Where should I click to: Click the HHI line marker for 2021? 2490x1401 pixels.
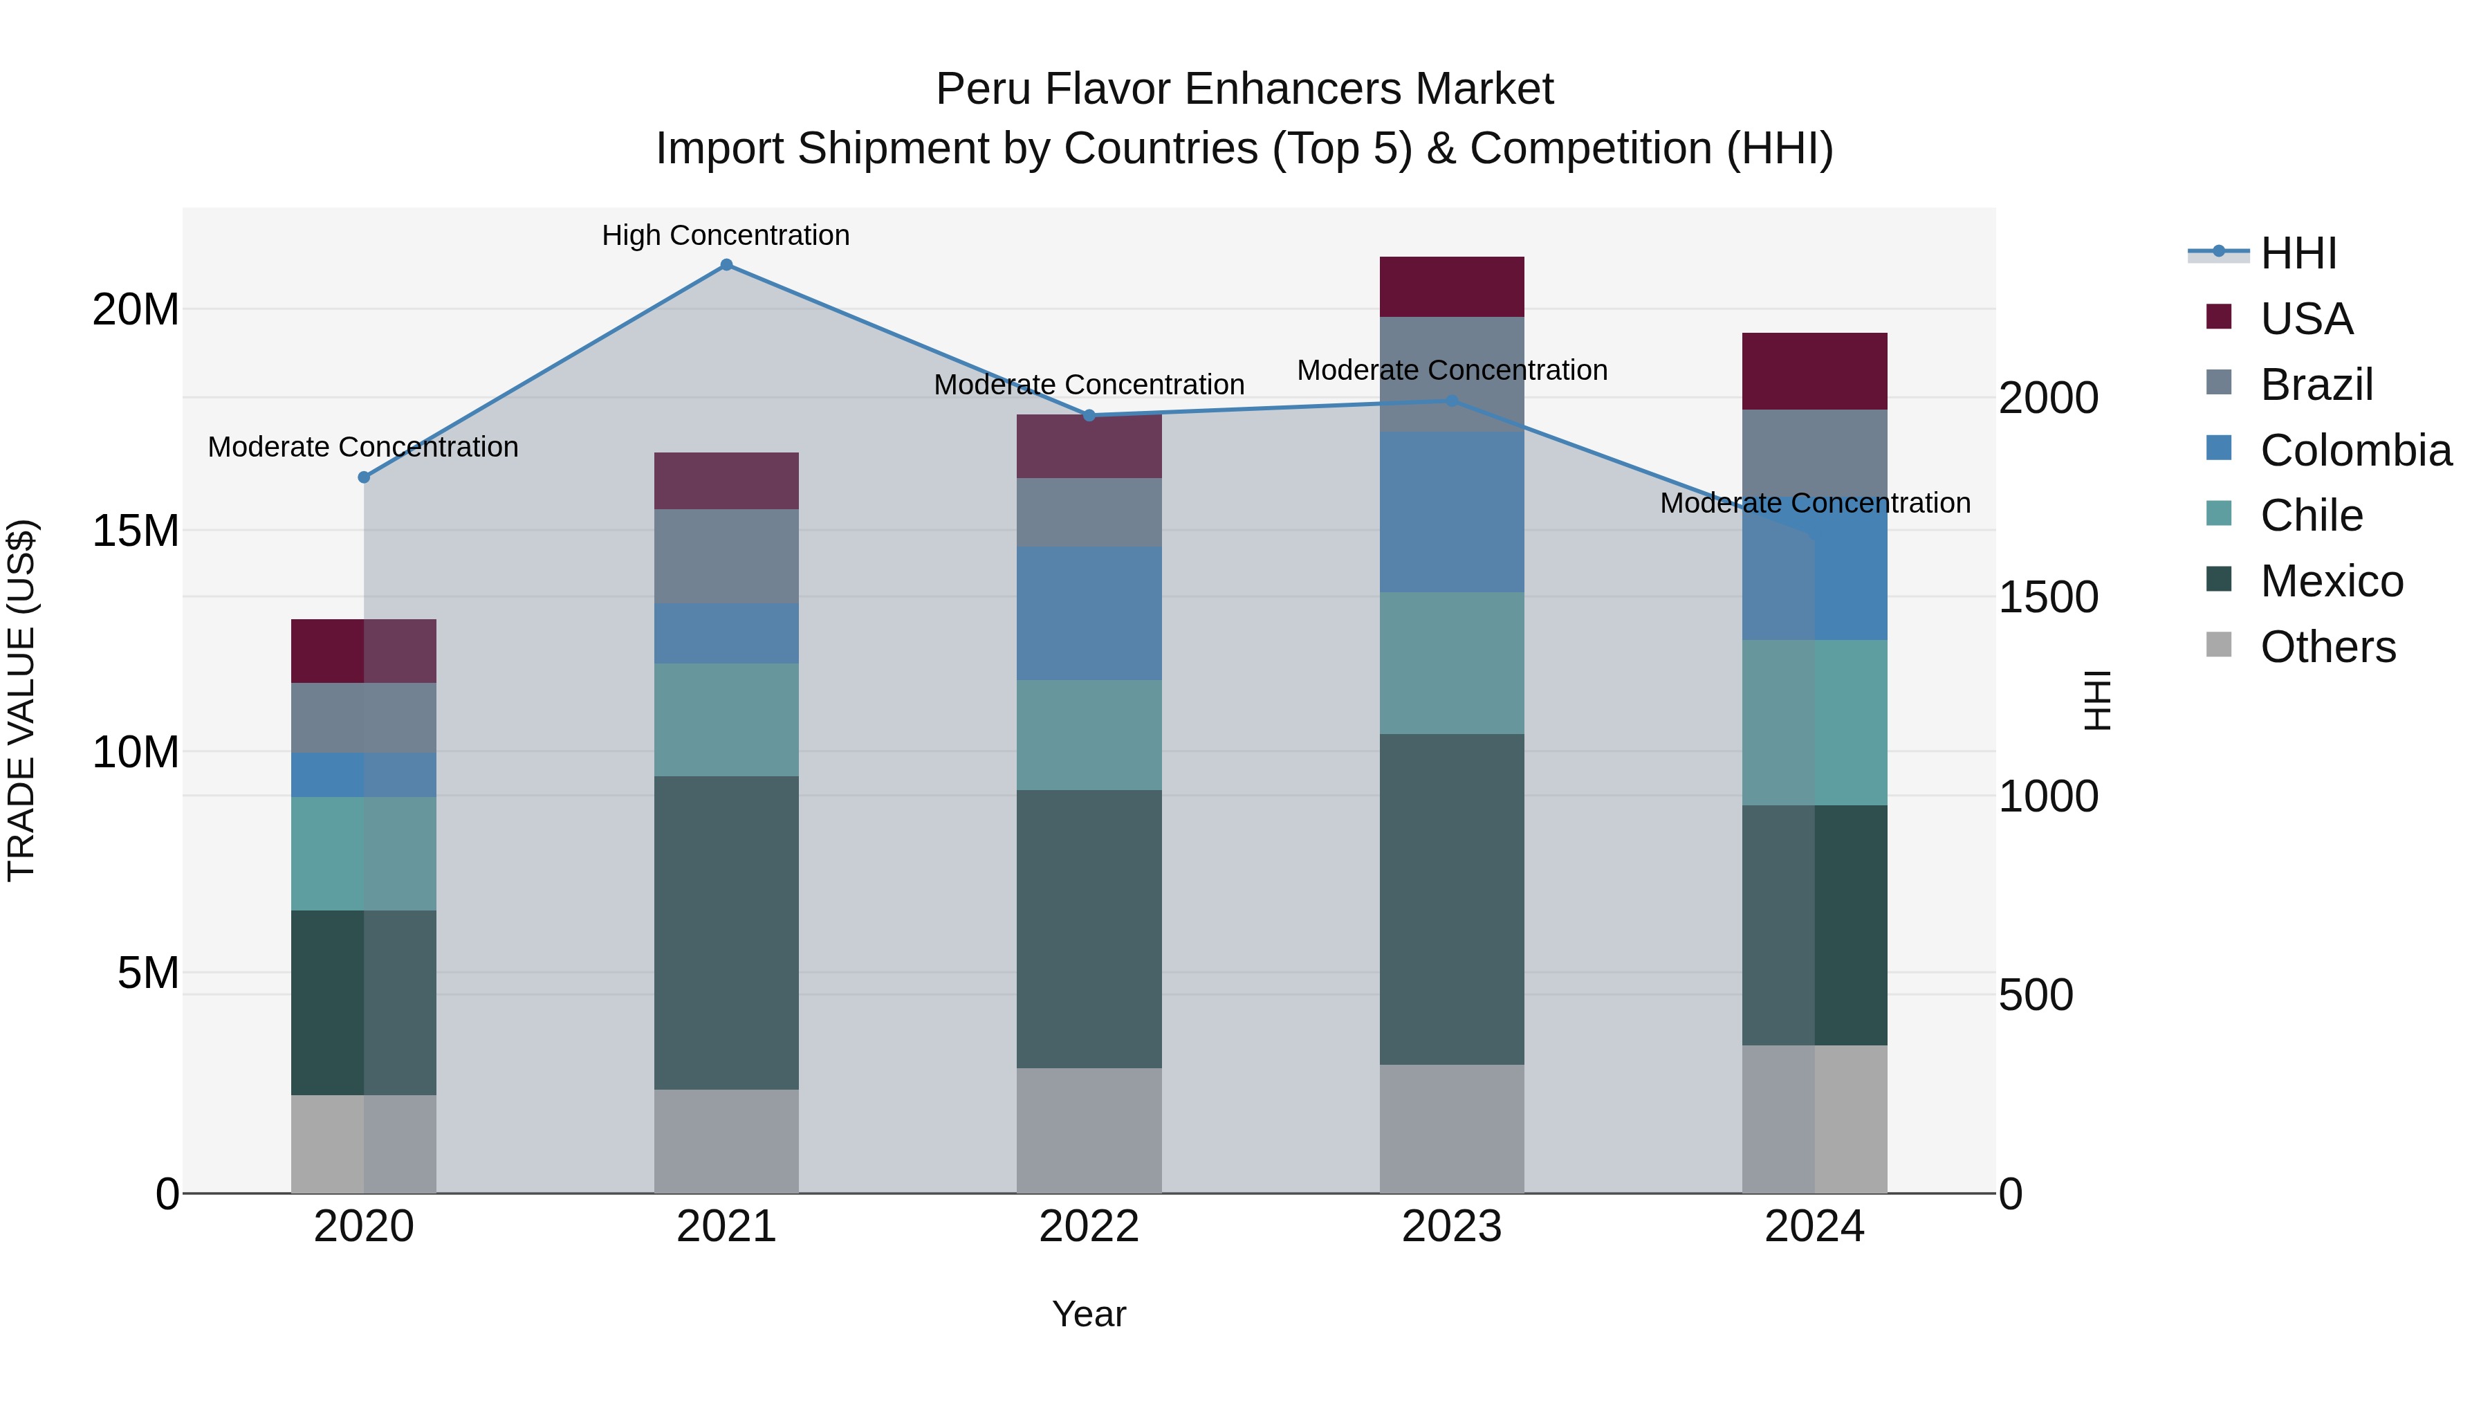pyautogui.click(x=726, y=265)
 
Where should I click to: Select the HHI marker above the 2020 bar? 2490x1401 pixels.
pyautogui.click(x=363, y=477)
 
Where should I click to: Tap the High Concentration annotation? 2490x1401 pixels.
pyautogui.click(x=726, y=235)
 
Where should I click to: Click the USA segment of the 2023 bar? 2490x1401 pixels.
pyautogui.click(x=1451, y=287)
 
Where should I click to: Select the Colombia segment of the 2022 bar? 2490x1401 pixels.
pyautogui.click(x=1089, y=613)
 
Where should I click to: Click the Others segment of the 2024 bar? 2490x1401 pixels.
pyautogui.click(x=1814, y=1119)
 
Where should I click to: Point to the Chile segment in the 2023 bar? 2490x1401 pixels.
pyautogui.click(x=1451, y=663)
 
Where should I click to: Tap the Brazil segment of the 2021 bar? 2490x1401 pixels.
pyautogui.click(x=726, y=556)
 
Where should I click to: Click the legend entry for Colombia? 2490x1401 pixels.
pyautogui.click(x=2354, y=450)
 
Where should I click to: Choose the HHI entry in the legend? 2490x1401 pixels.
pyautogui.click(x=2298, y=253)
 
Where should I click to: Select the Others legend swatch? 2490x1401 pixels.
pyautogui.click(x=2218, y=645)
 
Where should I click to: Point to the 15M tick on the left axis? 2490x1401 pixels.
pyautogui.click(x=136, y=531)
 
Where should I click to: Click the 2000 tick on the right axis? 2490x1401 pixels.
pyautogui.click(x=2048, y=399)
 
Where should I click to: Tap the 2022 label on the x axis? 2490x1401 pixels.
pyautogui.click(x=1089, y=1227)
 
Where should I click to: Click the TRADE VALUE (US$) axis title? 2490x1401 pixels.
pyautogui.click(x=21, y=700)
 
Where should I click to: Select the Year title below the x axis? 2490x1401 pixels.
pyautogui.click(x=1089, y=1314)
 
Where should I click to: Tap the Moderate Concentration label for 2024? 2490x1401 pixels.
pyautogui.click(x=1814, y=503)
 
